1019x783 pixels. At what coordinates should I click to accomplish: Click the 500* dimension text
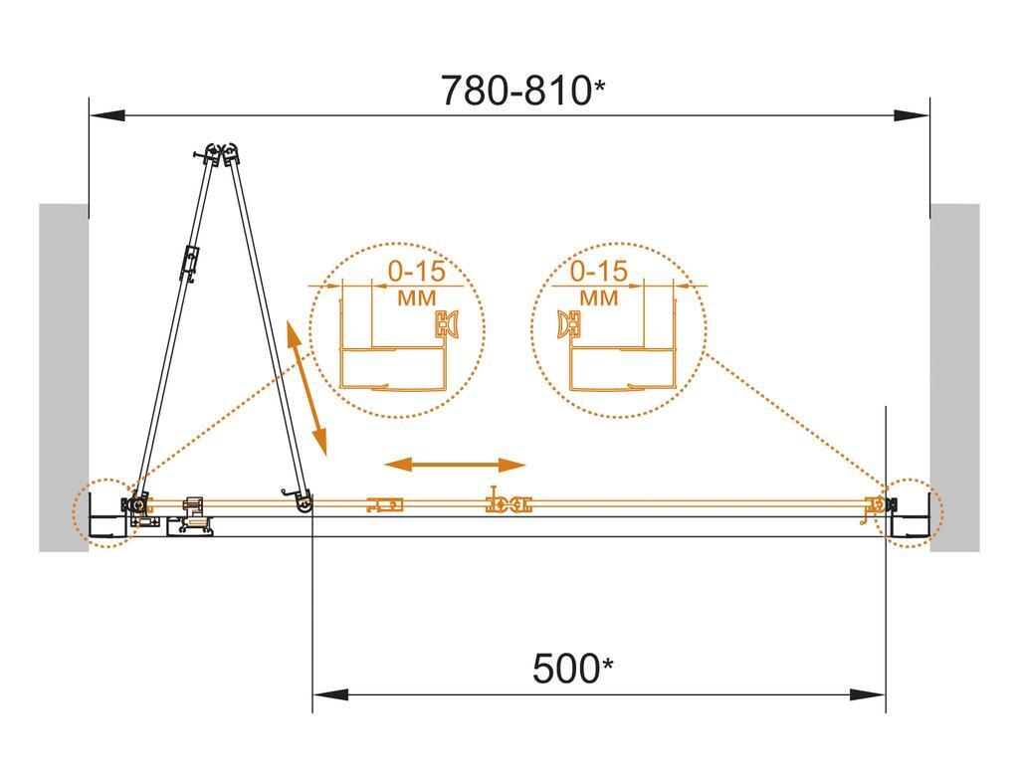pos(569,669)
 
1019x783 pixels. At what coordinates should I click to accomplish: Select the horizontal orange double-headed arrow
pos(456,465)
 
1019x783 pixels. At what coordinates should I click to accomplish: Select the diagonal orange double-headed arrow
pos(306,389)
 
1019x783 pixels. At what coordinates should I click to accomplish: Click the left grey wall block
pos(63,378)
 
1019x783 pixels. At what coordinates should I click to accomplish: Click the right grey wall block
pos(955,378)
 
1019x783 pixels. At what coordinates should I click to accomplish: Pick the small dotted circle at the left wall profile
pos(103,513)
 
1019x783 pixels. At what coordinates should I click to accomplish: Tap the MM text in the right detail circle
pos(598,298)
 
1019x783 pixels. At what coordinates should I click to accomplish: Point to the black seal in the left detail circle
pos(445,324)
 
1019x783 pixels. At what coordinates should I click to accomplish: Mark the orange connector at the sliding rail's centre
pos(506,504)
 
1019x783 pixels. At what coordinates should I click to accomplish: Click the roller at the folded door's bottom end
pos(302,505)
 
